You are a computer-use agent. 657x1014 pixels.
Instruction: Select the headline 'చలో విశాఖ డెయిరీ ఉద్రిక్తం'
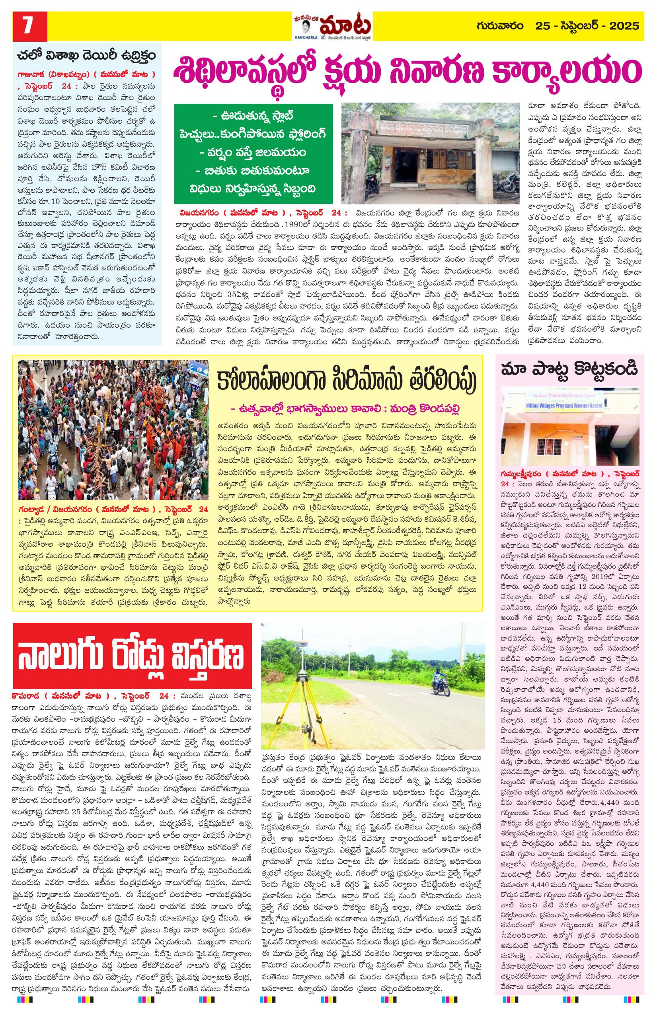85,56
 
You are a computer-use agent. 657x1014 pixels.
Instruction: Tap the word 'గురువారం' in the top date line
501,26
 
